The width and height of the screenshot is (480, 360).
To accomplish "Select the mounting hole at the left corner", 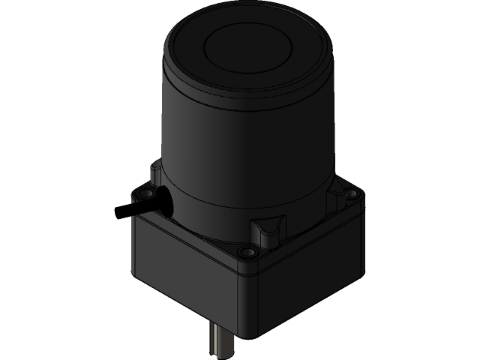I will [x=138, y=196].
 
